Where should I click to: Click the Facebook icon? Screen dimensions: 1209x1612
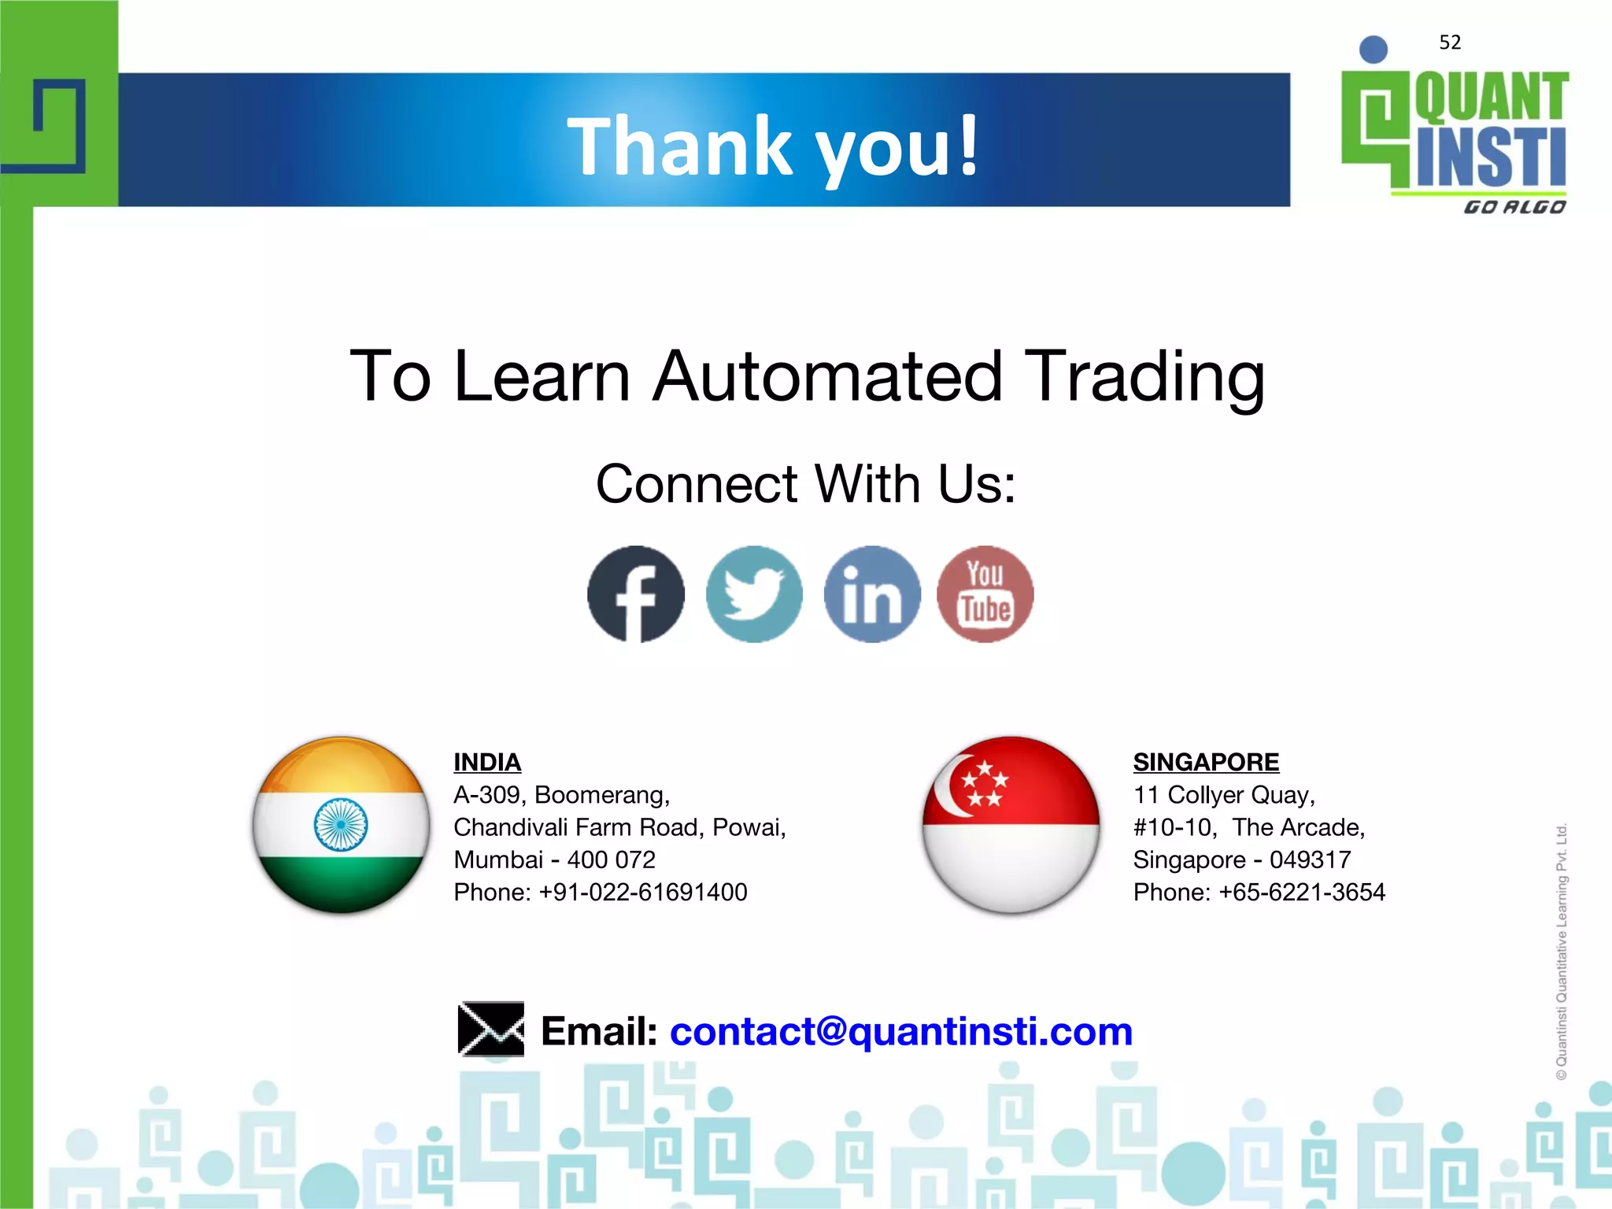[x=636, y=594]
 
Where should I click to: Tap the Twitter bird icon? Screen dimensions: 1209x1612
[x=754, y=594]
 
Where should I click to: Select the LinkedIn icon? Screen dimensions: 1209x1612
[x=872, y=594]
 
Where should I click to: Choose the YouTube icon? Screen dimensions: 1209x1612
[x=985, y=594]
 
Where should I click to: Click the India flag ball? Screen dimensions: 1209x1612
[x=341, y=825]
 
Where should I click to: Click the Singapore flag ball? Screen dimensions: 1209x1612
[x=1011, y=825]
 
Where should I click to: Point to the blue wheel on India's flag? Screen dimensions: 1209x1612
[x=341, y=824]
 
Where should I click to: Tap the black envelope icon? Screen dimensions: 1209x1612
[x=491, y=1029]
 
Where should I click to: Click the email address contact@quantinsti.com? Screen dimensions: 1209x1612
[x=900, y=1031]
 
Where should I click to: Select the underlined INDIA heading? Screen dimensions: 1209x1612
[x=487, y=762]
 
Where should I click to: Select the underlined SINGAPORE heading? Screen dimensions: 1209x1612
[x=1206, y=762]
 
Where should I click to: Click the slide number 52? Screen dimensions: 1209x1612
[x=1450, y=43]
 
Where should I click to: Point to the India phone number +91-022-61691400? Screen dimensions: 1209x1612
[x=642, y=892]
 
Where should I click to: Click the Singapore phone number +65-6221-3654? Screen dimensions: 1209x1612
[x=1301, y=892]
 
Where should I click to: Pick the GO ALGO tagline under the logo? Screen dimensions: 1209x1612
[x=1514, y=207]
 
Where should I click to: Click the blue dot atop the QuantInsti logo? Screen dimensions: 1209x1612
[x=1374, y=50]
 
